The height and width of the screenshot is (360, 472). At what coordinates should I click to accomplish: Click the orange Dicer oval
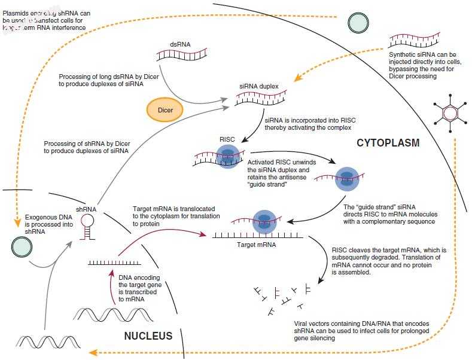[165, 109]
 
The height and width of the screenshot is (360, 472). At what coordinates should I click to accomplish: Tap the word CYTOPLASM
[388, 143]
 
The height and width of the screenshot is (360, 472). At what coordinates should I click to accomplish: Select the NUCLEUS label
[148, 336]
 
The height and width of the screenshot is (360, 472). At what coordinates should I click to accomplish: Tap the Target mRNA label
[251, 245]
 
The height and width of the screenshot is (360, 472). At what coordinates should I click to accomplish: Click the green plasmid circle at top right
[360, 22]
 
